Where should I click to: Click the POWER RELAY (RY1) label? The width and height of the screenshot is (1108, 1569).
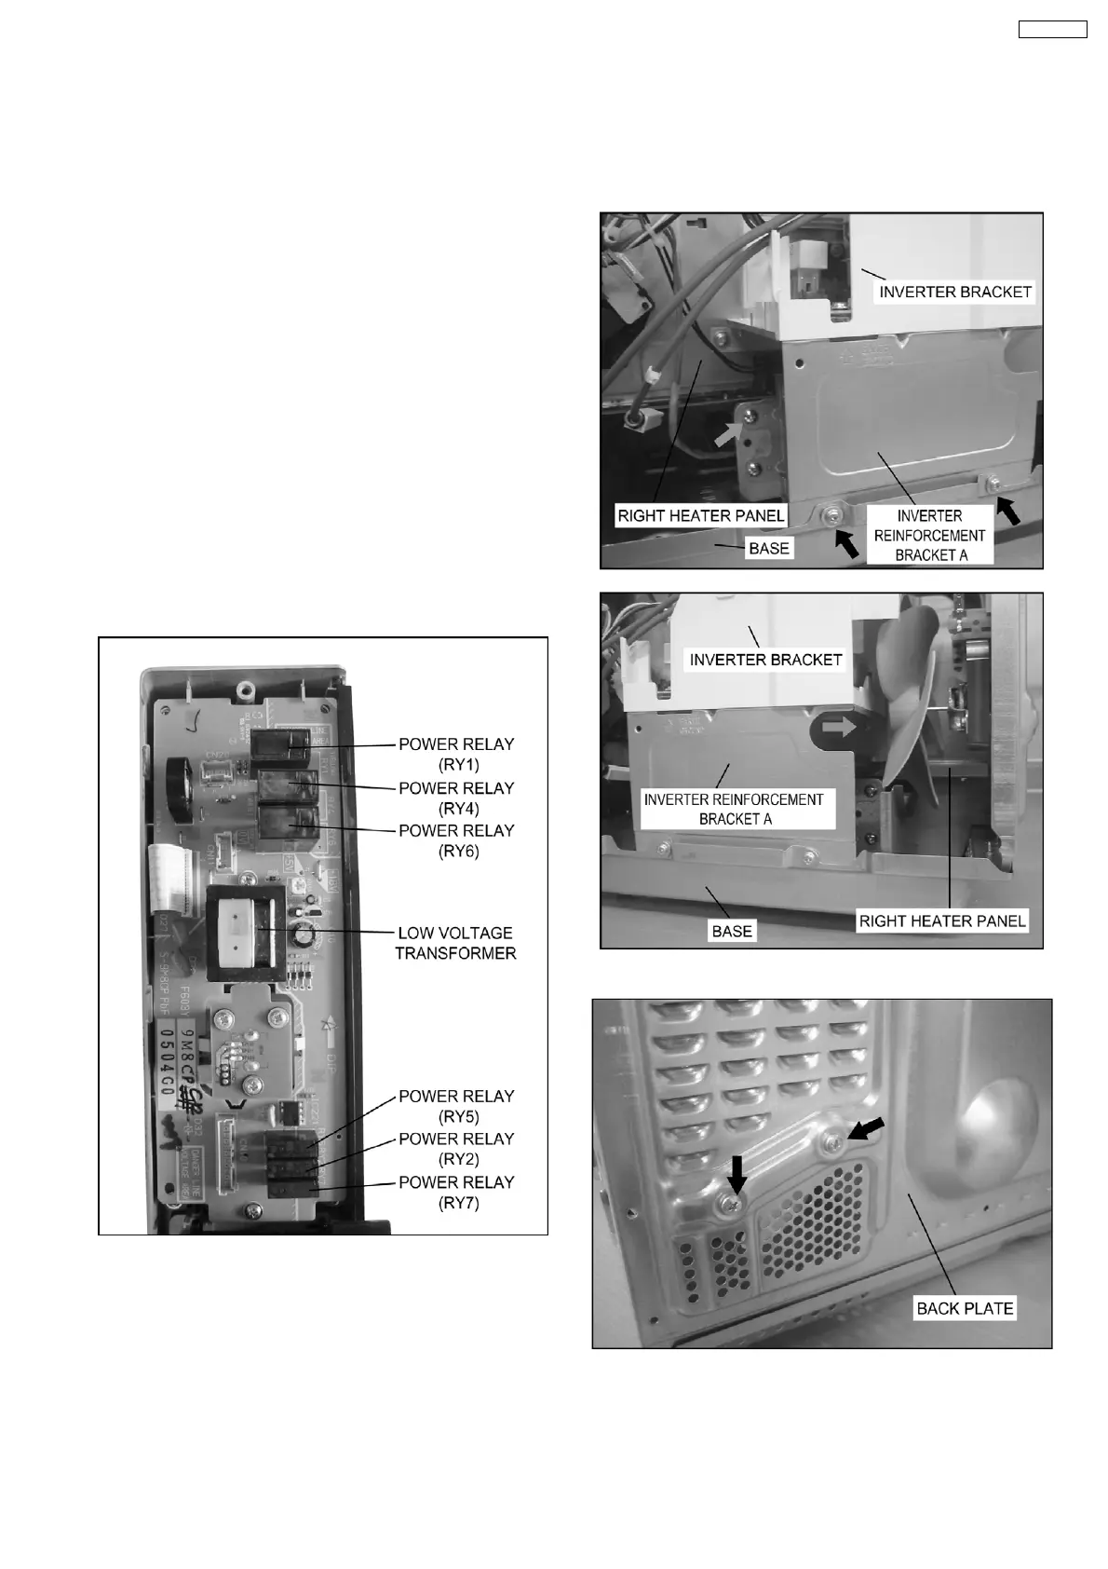click(456, 754)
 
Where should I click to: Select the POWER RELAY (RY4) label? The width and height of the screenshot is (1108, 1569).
click(456, 798)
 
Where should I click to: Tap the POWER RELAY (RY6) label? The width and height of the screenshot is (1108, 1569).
click(456, 840)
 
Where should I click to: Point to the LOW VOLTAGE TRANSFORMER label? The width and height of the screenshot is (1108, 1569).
click(455, 943)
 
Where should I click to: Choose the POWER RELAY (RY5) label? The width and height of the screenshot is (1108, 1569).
click(456, 1106)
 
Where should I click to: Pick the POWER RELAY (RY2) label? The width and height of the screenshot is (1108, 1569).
click(456, 1149)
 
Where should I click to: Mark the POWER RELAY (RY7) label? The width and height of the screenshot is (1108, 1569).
click(456, 1192)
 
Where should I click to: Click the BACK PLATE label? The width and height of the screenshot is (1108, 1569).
click(965, 1308)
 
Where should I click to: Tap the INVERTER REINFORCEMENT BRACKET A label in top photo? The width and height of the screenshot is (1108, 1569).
click(929, 536)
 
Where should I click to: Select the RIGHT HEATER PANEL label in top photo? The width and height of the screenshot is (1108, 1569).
click(701, 515)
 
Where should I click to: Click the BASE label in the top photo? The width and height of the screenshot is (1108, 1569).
click(769, 548)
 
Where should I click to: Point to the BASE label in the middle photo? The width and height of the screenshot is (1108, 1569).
click(732, 931)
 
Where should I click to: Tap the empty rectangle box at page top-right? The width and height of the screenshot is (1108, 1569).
click(1052, 29)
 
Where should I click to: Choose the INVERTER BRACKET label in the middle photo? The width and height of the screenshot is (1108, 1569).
click(765, 660)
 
